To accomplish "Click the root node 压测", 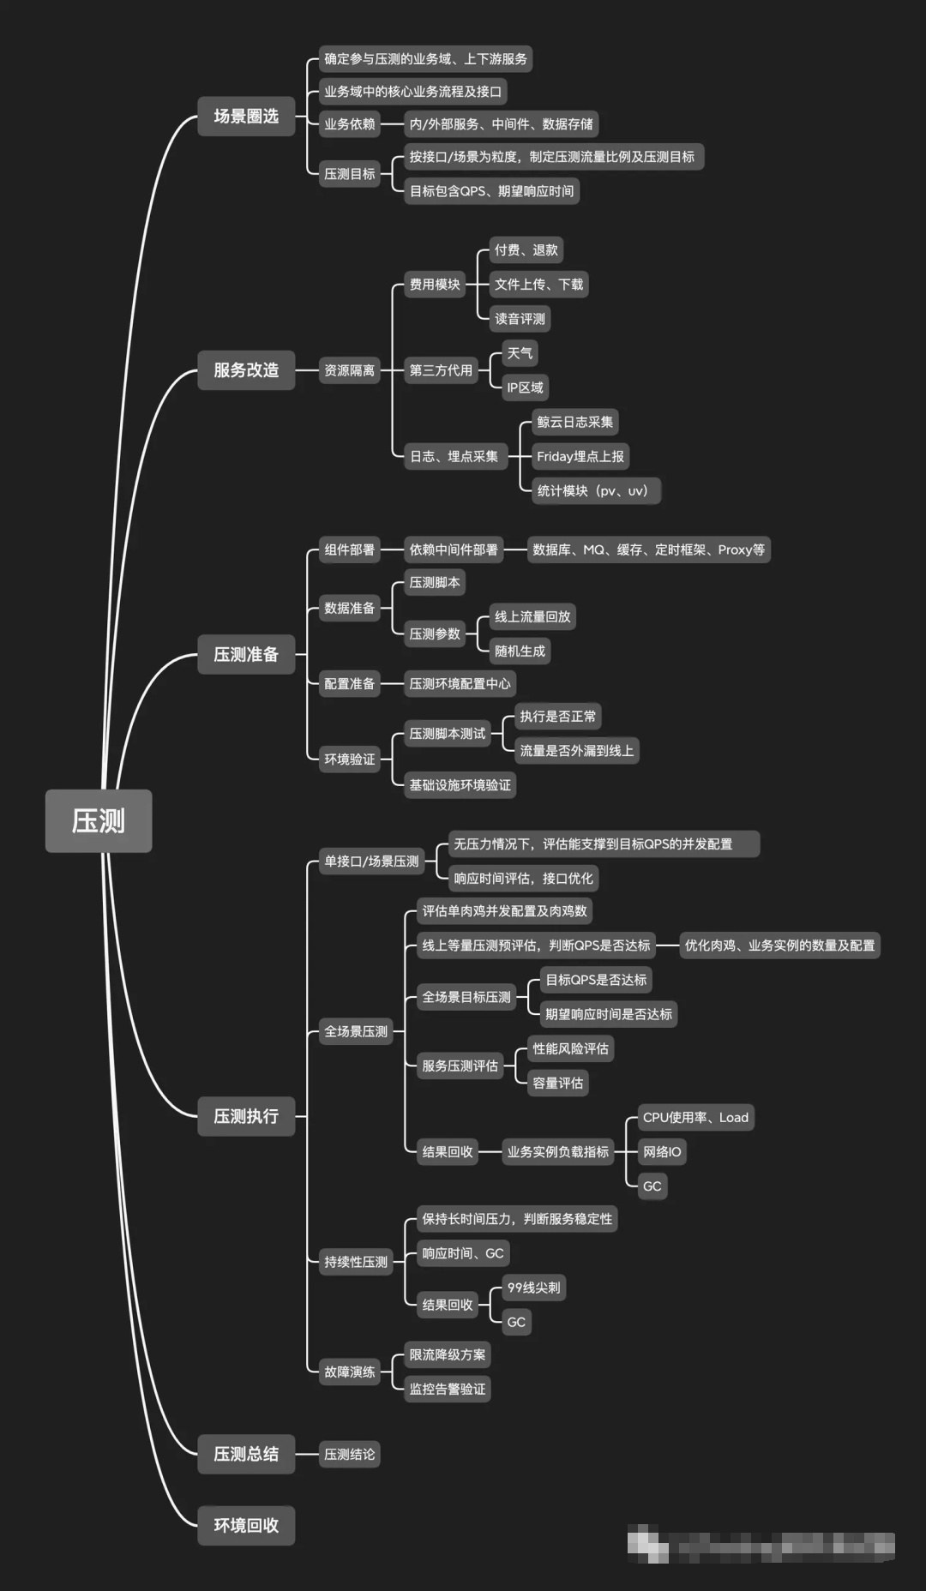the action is click(x=99, y=820).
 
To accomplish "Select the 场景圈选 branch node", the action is click(x=246, y=116).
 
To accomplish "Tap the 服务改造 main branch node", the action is click(x=246, y=370).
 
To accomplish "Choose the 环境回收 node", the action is click(x=246, y=1525).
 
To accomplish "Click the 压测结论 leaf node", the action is click(x=349, y=1454).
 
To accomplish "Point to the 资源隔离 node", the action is click(x=349, y=370).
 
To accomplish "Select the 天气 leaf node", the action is click(x=520, y=353).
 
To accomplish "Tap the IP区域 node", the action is click(x=525, y=387).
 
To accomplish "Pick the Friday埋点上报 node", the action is click(x=580, y=456).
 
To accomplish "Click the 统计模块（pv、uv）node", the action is click(x=592, y=490).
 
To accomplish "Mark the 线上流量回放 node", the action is click(x=532, y=616).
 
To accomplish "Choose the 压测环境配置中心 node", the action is click(x=460, y=683).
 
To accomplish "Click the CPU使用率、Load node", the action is click(x=695, y=1117).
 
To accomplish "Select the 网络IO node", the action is click(x=662, y=1151).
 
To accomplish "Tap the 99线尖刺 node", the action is click(x=533, y=1288).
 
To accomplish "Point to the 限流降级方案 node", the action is click(x=448, y=1354).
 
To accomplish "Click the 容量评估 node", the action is click(x=557, y=1083).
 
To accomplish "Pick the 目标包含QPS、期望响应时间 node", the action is click(x=491, y=190).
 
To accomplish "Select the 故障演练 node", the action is click(x=349, y=1372).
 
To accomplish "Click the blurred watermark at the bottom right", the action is click(x=761, y=1545).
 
